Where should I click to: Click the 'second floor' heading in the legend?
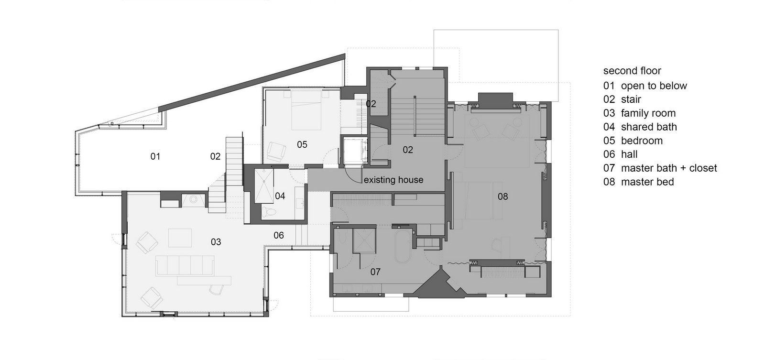(632, 71)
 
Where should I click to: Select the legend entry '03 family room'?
(639, 113)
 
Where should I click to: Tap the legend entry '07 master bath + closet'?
(660, 168)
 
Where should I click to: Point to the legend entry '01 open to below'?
(645, 86)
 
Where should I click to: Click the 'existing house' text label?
(393, 180)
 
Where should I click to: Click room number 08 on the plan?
(503, 196)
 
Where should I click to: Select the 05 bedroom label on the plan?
(302, 144)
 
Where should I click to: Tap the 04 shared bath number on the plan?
(280, 196)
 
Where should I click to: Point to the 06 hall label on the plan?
(279, 235)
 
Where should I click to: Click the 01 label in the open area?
(155, 156)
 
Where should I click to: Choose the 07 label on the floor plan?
(375, 272)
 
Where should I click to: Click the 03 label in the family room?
(216, 242)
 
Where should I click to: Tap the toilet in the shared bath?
(269, 212)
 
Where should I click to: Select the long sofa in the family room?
(185, 265)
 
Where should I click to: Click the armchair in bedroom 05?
(276, 151)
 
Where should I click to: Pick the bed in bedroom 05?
(306, 109)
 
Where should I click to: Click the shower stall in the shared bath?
(264, 186)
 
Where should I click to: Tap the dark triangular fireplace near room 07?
(438, 284)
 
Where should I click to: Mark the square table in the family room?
(180, 238)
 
